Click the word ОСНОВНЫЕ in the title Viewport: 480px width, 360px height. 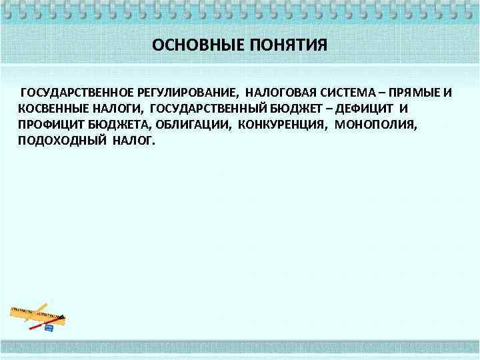point(189,45)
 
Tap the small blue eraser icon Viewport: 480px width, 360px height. point(48,327)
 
